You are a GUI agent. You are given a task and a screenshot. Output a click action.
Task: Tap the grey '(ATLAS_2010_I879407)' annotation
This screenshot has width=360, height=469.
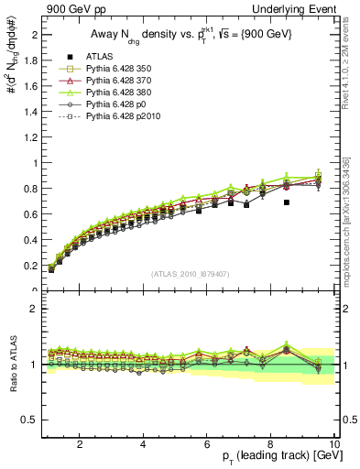[191, 272]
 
